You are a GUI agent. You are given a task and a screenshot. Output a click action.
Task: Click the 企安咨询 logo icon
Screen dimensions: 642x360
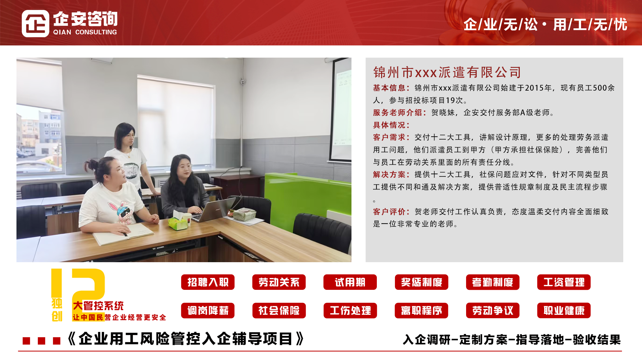pos(36,23)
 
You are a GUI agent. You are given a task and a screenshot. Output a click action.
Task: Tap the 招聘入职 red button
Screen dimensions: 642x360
pos(208,282)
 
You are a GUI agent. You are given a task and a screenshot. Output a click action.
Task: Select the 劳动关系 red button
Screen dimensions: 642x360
pos(279,282)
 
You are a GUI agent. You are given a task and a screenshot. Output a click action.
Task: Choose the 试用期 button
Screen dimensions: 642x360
pos(350,282)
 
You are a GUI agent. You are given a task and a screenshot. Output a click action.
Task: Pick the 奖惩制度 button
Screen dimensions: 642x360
pos(422,282)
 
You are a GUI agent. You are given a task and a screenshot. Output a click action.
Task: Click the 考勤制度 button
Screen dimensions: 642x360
pos(493,282)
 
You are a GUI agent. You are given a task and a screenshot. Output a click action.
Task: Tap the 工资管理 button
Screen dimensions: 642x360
pos(564,282)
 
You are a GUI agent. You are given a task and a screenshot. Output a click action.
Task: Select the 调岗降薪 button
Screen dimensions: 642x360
pos(208,311)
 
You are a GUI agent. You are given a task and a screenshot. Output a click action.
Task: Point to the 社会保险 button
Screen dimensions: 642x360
pos(279,311)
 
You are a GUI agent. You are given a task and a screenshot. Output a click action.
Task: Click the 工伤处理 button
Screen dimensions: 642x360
pos(350,311)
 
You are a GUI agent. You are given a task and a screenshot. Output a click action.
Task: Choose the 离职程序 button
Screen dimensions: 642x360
pos(422,311)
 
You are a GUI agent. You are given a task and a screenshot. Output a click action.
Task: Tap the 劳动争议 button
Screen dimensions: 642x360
pos(493,311)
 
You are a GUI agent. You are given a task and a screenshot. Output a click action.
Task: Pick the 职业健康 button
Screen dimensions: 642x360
pos(564,311)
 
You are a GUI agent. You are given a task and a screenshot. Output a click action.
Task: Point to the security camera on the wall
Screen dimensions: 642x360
pos(243,81)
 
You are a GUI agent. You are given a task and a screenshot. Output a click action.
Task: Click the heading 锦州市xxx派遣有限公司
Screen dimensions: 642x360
pos(447,72)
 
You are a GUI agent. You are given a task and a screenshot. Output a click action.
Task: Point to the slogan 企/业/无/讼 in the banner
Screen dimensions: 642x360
pos(500,25)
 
